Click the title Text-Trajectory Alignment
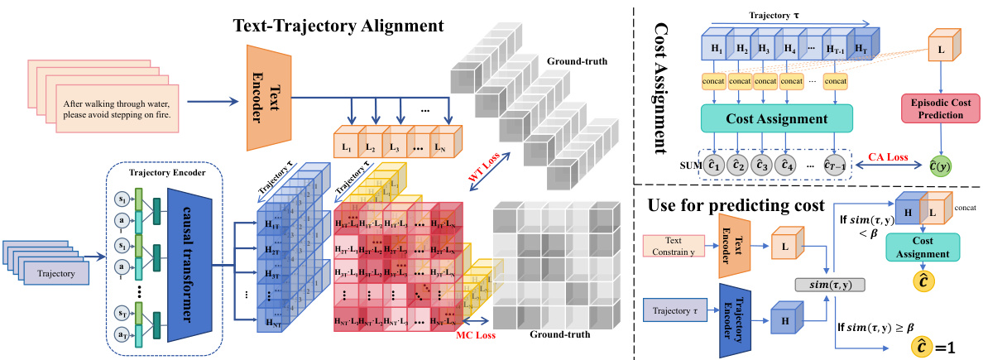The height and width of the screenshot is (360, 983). (x=339, y=25)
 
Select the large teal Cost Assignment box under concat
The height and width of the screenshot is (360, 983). (x=765, y=118)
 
